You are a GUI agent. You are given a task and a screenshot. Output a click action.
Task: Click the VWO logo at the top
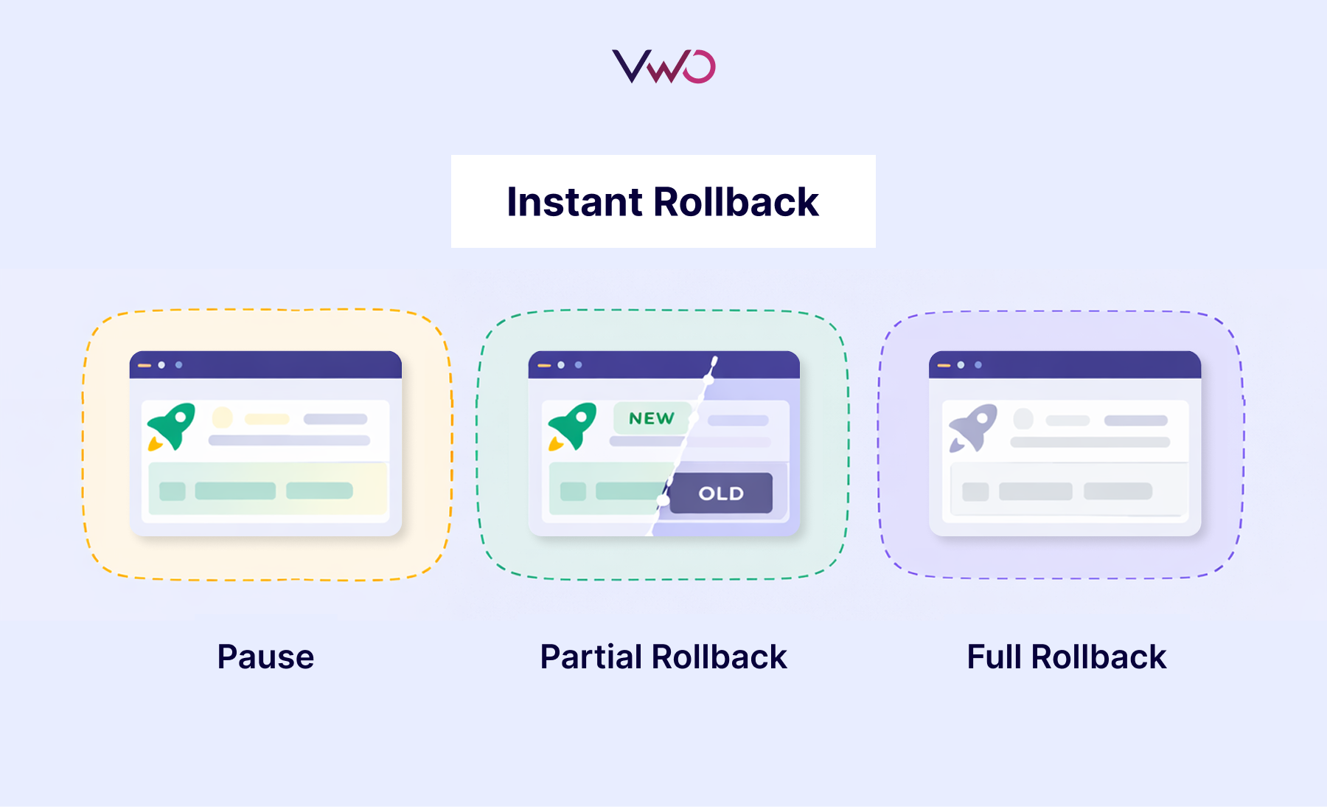[663, 66]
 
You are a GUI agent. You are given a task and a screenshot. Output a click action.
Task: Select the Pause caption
[265, 657]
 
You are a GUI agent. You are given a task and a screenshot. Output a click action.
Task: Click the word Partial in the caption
[591, 657]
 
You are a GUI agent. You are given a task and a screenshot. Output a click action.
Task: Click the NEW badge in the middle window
[652, 418]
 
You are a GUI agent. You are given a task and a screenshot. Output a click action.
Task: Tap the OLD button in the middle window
[721, 493]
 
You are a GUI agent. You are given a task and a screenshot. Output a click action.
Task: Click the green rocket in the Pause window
[172, 426]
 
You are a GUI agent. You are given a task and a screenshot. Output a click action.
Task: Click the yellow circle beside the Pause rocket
[222, 418]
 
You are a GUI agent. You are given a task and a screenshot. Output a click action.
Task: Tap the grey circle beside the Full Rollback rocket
[1023, 419]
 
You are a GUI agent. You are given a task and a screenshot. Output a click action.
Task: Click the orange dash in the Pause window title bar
[144, 365]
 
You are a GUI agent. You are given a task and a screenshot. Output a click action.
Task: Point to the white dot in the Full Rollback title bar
[961, 365]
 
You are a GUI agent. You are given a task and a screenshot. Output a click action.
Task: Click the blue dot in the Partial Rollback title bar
[579, 365]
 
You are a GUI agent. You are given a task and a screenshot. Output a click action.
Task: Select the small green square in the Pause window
[173, 491]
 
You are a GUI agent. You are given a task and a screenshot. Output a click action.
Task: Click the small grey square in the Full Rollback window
[975, 492]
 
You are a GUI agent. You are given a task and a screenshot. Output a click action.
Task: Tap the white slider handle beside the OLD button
[663, 501]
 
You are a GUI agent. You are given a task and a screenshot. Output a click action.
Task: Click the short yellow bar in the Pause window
[267, 419]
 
